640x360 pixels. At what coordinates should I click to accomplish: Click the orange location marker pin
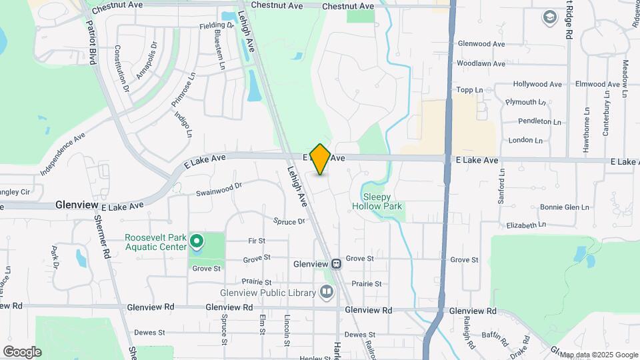pos(320,159)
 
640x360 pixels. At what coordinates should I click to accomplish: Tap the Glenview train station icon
pos(337,263)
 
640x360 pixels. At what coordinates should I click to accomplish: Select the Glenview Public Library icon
pos(327,291)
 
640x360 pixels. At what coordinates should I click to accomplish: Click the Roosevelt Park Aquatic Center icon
pos(197,240)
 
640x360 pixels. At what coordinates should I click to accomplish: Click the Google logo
pos(22,351)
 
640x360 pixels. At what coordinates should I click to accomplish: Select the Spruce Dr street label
pos(289,221)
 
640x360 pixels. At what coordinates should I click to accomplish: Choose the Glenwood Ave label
pos(481,44)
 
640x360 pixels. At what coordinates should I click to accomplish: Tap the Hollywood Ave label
pos(537,85)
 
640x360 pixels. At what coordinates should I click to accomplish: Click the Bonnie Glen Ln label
pos(565,207)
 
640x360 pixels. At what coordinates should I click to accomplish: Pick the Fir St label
pos(257,240)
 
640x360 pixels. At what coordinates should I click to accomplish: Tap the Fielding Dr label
pos(217,25)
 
